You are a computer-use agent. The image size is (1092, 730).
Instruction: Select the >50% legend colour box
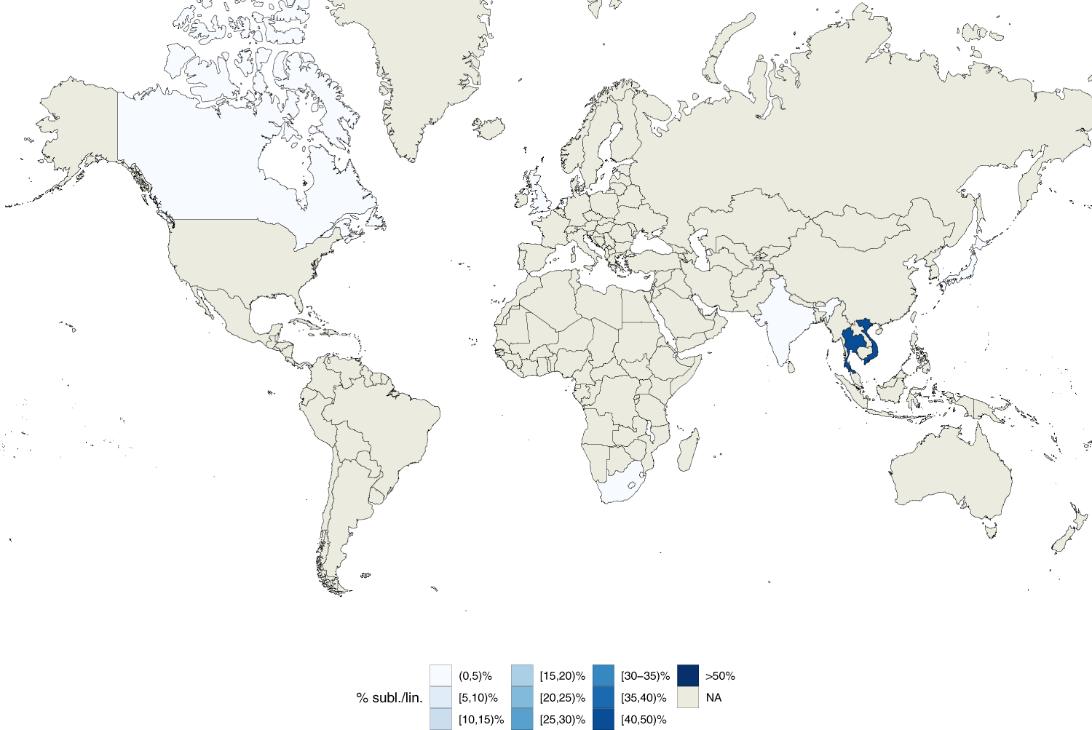tap(687, 675)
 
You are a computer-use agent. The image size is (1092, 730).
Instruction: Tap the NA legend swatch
tap(687, 697)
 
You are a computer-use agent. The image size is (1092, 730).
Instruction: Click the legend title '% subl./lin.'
tap(389, 698)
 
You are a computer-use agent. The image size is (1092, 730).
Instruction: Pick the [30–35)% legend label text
tap(645, 676)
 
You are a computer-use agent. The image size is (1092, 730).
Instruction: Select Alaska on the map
tap(80, 124)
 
